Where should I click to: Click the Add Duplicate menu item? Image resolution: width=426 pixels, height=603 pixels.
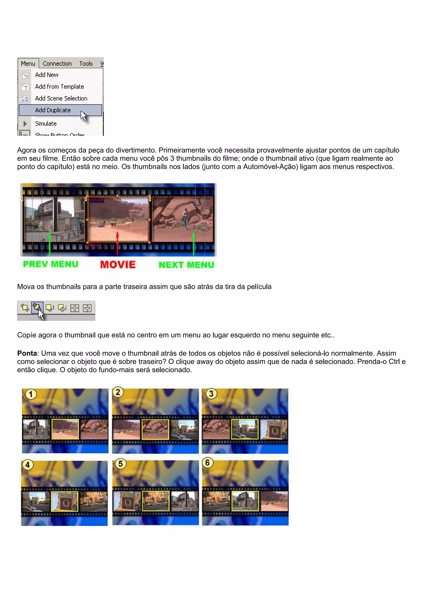tap(53, 110)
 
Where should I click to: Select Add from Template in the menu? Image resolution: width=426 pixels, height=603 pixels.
tap(59, 87)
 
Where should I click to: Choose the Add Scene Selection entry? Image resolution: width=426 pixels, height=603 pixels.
tap(61, 98)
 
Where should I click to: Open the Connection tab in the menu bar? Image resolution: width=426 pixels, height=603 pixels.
tap(57, 63)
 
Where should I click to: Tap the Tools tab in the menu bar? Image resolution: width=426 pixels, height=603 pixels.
tap(86, 63)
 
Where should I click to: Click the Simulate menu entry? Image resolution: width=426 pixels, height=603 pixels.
tap(46, 124)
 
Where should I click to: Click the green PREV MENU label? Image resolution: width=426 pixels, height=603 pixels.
tap(51, 264)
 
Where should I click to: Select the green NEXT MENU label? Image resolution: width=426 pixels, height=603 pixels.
tap(186, 265)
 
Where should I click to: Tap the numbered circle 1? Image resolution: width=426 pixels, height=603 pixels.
tap(31, 394)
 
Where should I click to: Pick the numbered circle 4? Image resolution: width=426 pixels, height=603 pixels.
tap(27, 465)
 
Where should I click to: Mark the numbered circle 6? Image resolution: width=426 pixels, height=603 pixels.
tap(207, 463)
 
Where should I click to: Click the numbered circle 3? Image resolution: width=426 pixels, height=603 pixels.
tap(211, 394)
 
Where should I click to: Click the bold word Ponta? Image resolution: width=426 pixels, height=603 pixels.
tap(27, 353)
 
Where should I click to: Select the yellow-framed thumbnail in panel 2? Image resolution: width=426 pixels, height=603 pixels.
tap(155, 429)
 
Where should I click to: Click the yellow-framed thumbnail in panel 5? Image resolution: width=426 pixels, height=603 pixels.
tap(156, 501)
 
